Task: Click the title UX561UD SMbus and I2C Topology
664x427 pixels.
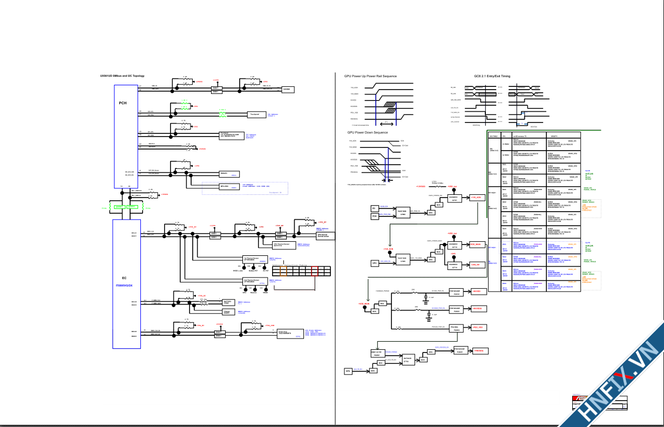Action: (x=122, y=76)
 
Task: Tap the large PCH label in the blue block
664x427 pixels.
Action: (x=123, y=103)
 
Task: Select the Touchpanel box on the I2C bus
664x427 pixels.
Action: (x=255, y=114)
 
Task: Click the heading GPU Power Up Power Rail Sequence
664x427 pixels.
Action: (x=370, y=76)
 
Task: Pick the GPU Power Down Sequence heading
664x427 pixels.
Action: (x=367, y=132)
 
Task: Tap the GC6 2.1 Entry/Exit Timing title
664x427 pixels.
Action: (x=492, y=76)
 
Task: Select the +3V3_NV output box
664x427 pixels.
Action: (x=475, y=265)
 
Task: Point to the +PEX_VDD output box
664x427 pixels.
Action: (x=477, y=328)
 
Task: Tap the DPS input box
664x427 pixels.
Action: (x=348, y=371)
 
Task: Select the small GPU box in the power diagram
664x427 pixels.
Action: (x=374, y=263)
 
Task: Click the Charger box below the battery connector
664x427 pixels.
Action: (x=227, y=312)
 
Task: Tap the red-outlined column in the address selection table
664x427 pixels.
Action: (x=315, y=272)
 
